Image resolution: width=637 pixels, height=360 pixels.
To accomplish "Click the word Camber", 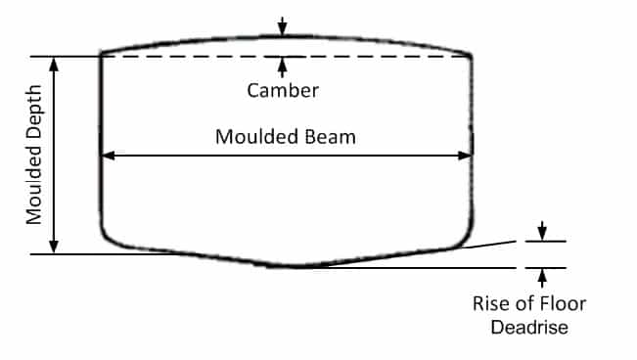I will tap(283, 90).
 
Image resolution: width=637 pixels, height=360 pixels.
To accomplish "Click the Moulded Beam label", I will tap(286, 136).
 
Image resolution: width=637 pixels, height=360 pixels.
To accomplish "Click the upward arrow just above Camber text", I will tap(283, 67).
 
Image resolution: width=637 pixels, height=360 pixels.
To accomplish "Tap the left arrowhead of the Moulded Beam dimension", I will tap(108, 155).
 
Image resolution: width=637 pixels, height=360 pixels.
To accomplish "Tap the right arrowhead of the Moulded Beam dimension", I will tap(467, 155).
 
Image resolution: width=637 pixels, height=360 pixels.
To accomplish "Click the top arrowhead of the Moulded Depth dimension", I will tap(55, 63).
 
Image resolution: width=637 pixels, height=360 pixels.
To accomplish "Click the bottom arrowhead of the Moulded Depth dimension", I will tap(55, 247).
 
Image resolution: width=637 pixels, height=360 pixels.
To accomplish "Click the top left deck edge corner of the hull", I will tap(102, 54).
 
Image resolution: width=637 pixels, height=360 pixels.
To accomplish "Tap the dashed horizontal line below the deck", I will tap(196, 57).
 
